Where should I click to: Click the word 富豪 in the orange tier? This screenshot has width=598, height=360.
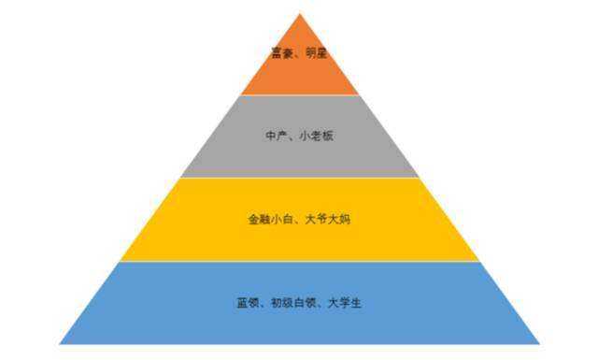[282, 53]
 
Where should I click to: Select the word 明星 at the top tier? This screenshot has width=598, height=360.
[316, 53]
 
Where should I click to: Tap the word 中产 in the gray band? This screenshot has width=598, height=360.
[276, 137]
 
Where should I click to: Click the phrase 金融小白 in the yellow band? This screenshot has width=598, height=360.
[266, 220]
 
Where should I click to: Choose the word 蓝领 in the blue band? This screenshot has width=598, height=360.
[247, 303]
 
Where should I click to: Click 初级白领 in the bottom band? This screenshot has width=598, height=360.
[291, 303]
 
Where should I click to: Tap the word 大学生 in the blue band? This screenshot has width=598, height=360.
[343, 303]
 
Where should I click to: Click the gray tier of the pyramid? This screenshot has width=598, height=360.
[300, 154]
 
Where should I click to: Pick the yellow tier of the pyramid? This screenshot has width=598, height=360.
[300, 238]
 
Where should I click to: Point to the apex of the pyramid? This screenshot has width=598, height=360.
[300, 14]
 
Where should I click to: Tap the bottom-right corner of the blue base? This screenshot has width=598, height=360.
[539, 343]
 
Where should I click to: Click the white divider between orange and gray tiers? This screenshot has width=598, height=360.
[300, 95]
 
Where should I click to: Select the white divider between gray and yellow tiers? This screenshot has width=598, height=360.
[300, 178]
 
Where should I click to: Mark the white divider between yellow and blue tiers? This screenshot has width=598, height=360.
[300, 261]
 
